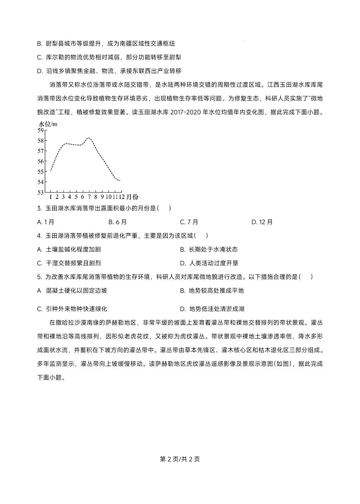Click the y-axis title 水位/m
point(48,124)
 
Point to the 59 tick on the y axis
point(40,130)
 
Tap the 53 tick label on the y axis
point(40,192)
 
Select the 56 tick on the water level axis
point(40,161)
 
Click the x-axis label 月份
point(132,197)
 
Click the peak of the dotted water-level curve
point(89,138)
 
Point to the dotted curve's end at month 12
point(120,181)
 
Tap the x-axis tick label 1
point(51,197)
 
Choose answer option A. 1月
point(45,222)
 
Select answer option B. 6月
point(117,222)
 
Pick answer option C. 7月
point(189,222)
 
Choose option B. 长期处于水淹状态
point(209,250)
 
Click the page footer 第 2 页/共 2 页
point(180,459)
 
